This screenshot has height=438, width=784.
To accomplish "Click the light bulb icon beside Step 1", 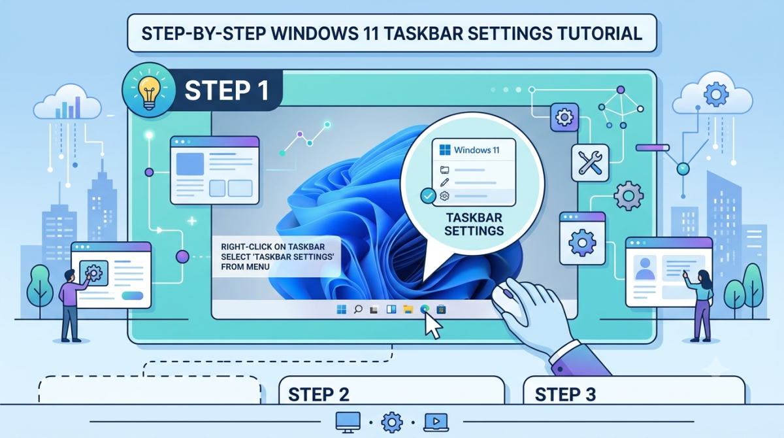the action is (x=149, y=90).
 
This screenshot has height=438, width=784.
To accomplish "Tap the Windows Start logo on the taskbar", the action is (x=341, y=309).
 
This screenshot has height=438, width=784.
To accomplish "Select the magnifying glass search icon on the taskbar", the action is (x=358, y=309).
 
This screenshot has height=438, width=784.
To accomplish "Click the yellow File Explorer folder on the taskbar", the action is (x=408, y=309).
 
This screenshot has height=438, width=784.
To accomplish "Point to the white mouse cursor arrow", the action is (x=433, y=326).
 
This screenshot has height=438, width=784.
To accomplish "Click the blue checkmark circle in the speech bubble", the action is (x=428, y=196).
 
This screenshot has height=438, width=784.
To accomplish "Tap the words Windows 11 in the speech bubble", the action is (x=476, y=150).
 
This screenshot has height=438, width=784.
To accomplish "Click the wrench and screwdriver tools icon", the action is (x=590, y=163).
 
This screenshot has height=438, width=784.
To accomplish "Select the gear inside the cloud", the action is (x=716, y=94).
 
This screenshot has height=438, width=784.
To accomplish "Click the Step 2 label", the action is (x=319, y=395).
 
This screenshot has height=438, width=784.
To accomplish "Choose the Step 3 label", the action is (x=565, y=395).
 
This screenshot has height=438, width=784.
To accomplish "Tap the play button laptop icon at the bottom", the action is (x=436, y=422).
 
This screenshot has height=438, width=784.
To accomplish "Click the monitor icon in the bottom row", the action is (x=348, y=422).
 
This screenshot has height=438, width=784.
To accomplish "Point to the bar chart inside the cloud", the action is (x=68, y=108).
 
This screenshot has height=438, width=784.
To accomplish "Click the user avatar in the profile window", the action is (x=645, y=269).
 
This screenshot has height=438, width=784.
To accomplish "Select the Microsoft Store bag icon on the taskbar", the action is (x=441, y=309).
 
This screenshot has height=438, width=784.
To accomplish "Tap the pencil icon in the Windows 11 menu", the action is (x=444, y=182).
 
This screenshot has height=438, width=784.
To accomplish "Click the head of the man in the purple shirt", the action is (x=70, y=275).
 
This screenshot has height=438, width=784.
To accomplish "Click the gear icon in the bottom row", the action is (x=391, y=422).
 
